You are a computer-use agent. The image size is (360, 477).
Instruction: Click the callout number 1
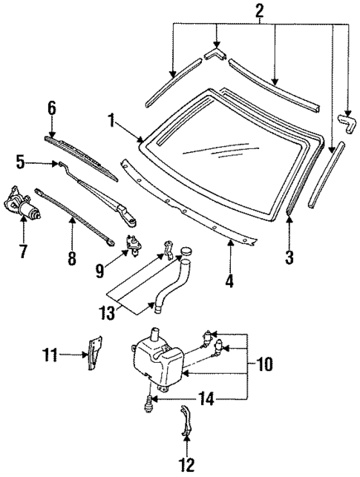point(111,119)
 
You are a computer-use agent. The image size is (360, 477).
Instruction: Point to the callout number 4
point(230,281)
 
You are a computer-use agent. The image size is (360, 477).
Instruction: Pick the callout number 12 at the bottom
point(187,466)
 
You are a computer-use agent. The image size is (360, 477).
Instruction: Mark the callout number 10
point(266,363)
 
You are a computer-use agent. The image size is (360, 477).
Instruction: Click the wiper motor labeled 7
point(22,205)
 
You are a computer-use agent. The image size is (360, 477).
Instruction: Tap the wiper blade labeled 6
point(82,154)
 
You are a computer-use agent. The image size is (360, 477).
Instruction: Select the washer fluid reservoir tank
point(157,363)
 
